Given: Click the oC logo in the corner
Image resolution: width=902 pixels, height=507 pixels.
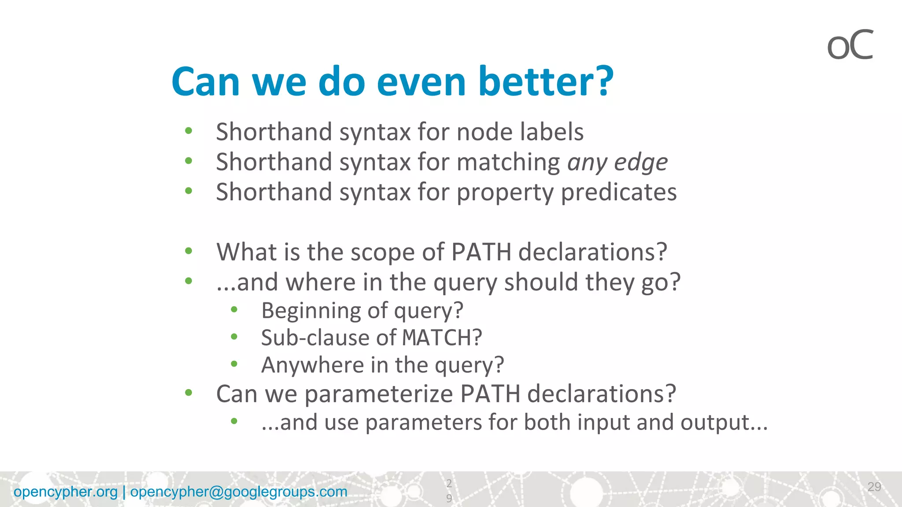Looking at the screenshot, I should [x=850, y=45].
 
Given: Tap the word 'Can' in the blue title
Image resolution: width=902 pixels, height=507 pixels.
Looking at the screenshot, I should [x=206, y=81].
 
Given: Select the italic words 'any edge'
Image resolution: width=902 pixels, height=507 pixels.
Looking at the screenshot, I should [x=617, y=162].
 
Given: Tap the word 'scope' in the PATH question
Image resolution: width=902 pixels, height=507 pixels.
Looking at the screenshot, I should [x=382, y=252].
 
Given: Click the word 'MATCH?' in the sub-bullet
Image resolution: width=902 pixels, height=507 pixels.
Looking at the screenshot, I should [x=442, y=338].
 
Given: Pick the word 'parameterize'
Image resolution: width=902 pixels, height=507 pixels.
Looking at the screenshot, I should [x=378, y=393].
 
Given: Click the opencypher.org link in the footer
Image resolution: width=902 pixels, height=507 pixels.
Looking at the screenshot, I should [x=66, y=492].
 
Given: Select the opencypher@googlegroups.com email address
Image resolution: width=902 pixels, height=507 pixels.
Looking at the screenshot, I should [x=239, y=492].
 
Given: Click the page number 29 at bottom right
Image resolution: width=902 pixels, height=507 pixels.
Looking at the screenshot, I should [x=874, y=486].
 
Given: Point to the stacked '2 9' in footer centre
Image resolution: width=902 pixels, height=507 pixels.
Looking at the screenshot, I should [x=449, y=491].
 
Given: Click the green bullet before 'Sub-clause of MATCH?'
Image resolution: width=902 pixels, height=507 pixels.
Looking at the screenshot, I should [x=234, y=337].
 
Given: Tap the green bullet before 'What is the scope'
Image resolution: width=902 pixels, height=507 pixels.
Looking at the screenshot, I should [x=189, y=251].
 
